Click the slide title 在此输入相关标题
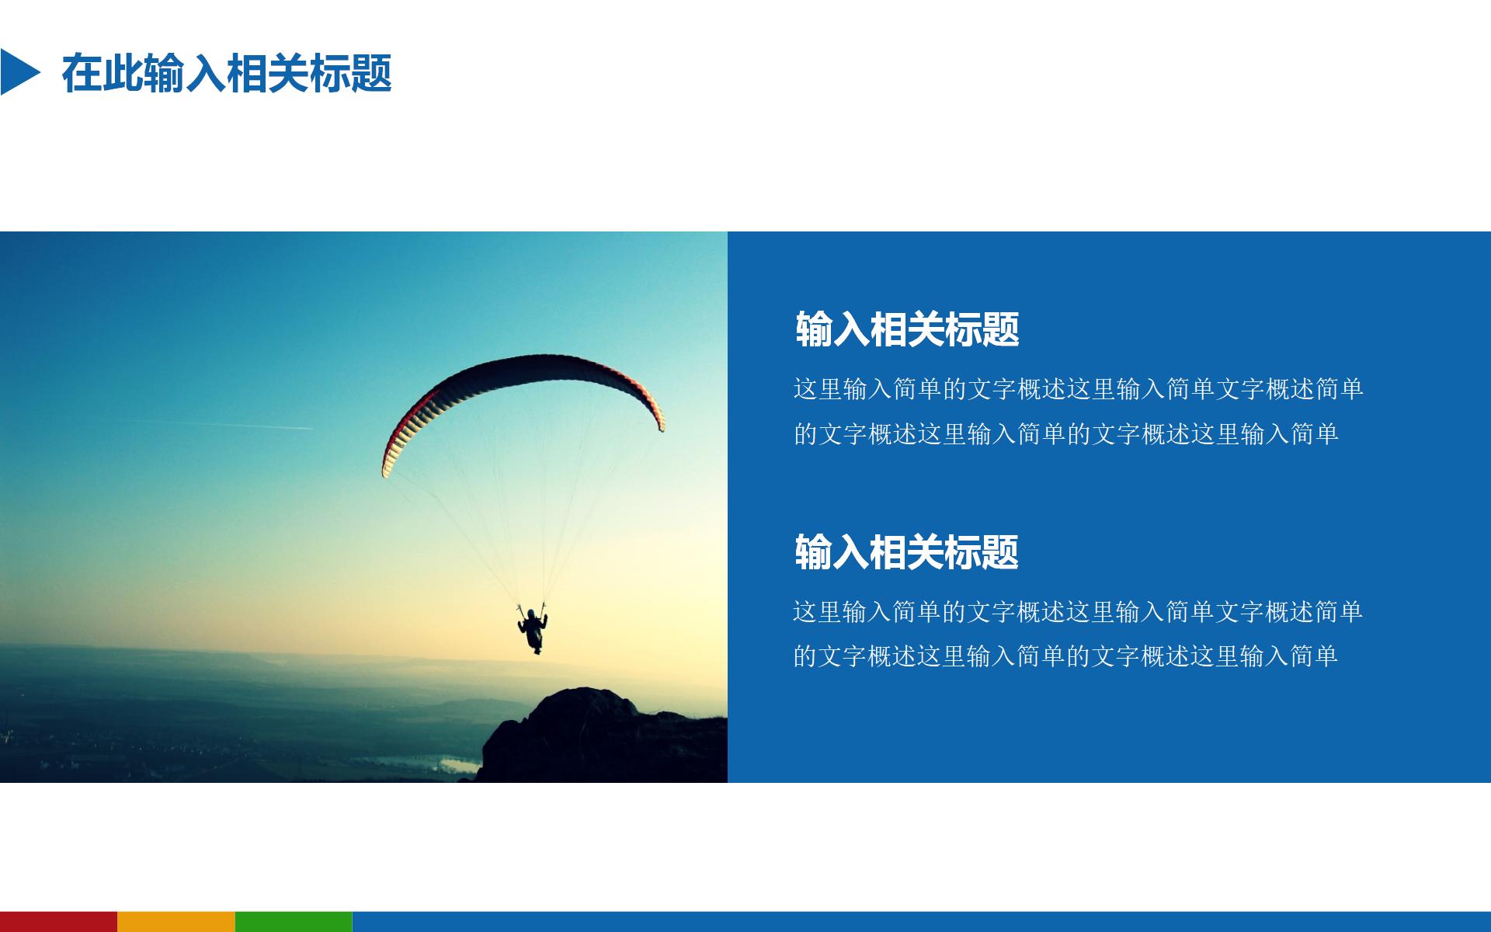click(x=227, y=73)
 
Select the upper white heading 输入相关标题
click(x=907, y=329)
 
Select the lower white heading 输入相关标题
click(x=906, y=552)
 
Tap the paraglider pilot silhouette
click(x=533, y=630)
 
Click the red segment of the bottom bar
click(x=58, y=921)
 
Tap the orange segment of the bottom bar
click(x=176, y=921)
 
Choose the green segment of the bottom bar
click(x=294, y=921)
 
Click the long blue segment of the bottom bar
click(x=921, y=921)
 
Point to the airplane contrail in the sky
click(x=233, y=424)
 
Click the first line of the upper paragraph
click(x=1078, y=389)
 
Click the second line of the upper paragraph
click(x=1065, y=434)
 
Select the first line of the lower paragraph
click(x=1077, y=612)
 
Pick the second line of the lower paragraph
click(x=1065, y=657)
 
